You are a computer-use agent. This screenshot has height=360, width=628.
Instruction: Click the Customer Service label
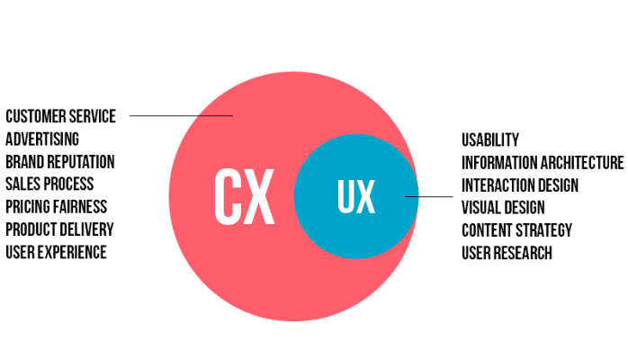point(60,116)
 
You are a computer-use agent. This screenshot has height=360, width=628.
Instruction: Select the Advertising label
point(42,139)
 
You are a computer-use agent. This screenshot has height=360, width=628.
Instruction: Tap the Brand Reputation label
point(60,162)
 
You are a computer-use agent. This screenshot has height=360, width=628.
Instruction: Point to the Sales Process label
point(49,184)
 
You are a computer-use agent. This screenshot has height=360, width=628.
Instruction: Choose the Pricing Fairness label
point(56,207)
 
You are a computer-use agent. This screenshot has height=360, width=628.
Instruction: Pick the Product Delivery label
point(59,229)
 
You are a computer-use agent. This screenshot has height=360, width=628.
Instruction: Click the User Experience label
point(56,252)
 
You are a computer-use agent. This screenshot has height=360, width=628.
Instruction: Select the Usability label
point(490,139)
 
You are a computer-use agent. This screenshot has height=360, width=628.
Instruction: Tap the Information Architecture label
point(543,163)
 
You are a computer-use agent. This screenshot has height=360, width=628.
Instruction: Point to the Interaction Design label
point(520,185)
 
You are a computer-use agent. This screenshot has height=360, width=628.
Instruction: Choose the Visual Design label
point(503,207)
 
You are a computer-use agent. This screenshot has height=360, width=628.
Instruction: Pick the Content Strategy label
point(516,230)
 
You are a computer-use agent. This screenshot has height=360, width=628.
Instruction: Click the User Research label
point(507,253)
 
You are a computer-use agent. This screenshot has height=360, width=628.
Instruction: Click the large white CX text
point(245,196)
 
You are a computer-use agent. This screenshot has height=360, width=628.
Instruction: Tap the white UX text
point(356,196)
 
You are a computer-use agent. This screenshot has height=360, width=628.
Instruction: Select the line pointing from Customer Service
point(181,116)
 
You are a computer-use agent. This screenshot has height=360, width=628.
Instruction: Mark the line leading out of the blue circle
point(429,196)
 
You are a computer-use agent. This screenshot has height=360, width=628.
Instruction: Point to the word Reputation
point(82,162)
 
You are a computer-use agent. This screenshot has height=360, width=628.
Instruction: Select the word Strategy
point(544,230)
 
